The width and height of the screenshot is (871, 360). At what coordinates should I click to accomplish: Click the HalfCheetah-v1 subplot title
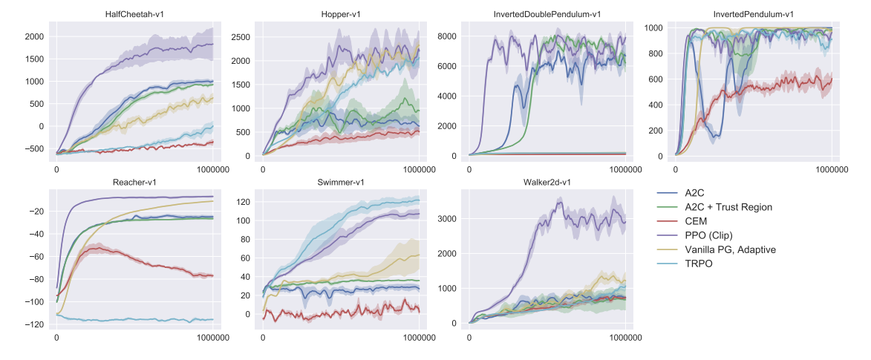134,13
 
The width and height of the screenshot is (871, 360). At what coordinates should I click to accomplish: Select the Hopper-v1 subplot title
341,13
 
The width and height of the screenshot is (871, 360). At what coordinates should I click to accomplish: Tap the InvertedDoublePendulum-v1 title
547,13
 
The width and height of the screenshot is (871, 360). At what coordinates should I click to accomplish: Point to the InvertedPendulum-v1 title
754,13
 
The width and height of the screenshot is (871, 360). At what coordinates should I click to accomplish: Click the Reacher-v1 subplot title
134,182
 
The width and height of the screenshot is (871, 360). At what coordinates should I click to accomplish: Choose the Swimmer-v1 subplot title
341,182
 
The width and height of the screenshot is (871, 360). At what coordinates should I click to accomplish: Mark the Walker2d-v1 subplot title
547,182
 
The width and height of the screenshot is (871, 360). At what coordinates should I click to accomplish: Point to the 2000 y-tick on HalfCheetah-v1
34,36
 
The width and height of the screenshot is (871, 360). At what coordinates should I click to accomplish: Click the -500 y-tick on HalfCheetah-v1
33,148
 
